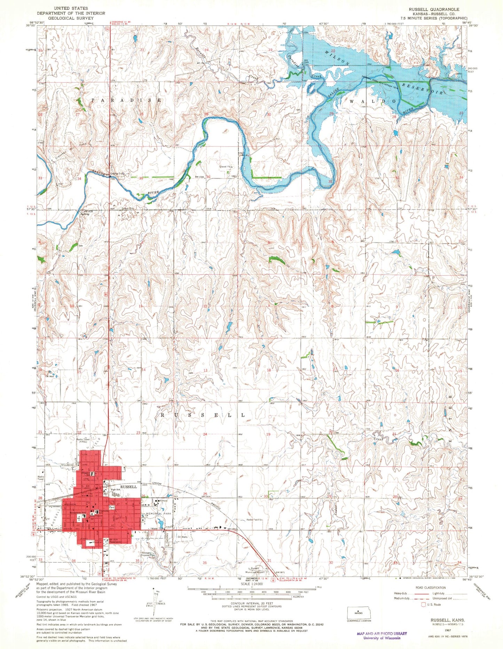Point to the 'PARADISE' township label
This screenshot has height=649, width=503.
point(126,100)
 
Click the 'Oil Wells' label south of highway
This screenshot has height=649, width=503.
point(183,537)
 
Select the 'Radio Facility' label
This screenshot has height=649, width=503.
point(254,520)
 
